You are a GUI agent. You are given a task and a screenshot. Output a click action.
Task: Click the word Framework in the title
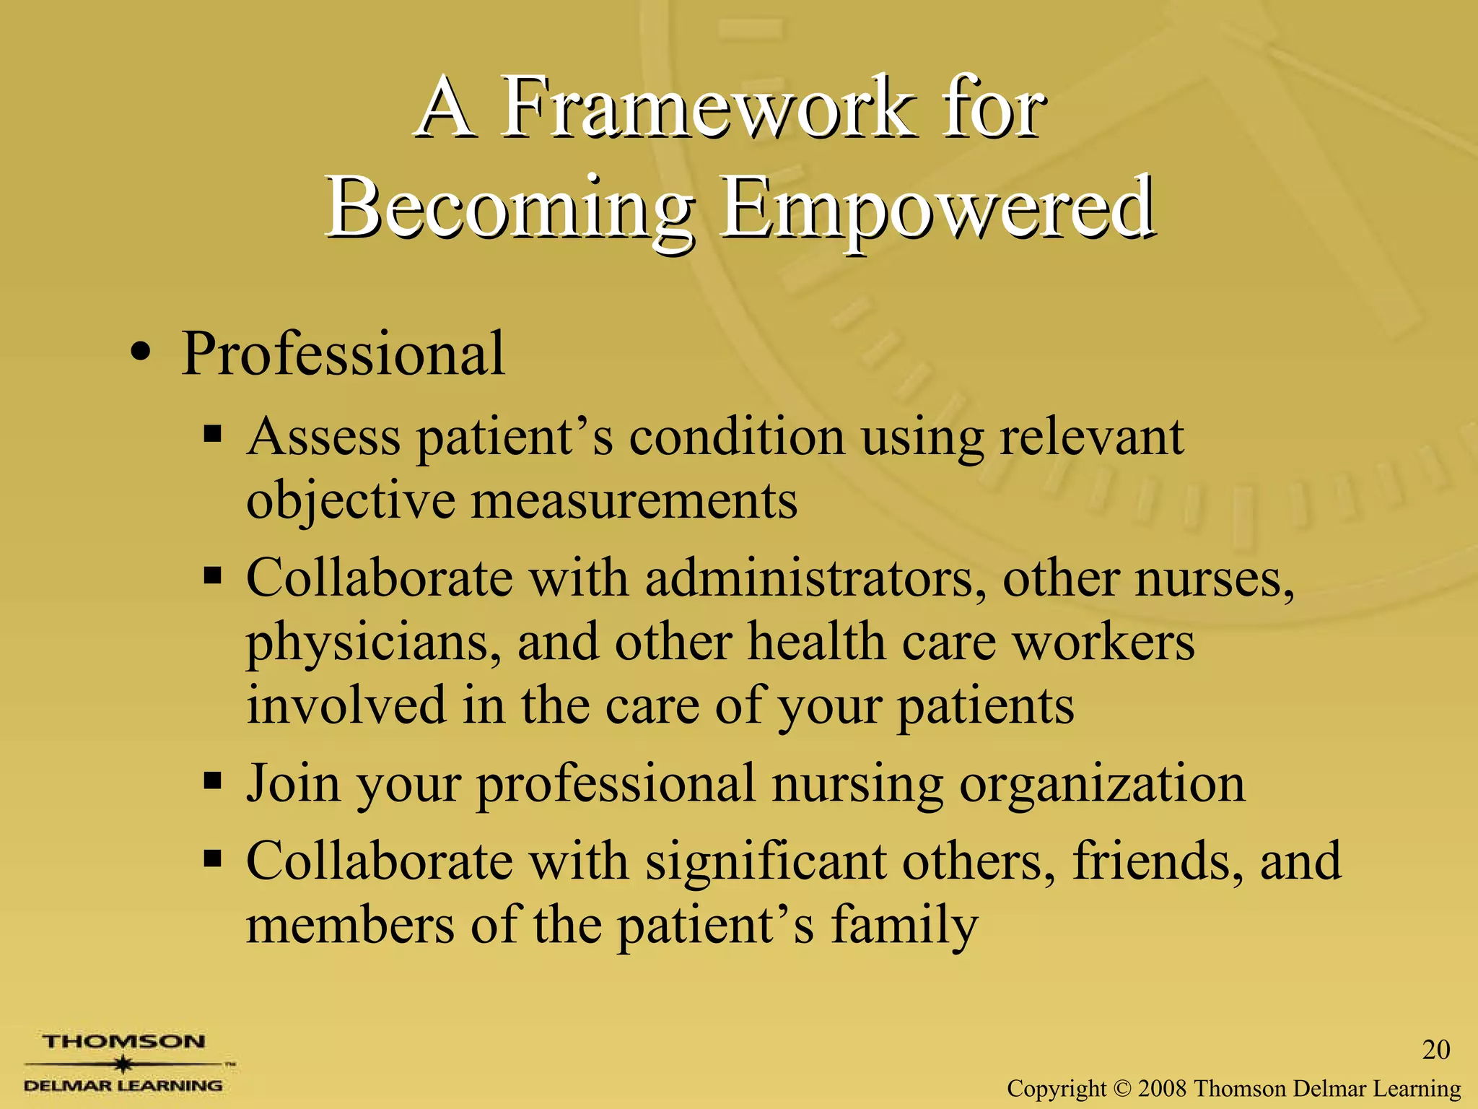tap(704, 108)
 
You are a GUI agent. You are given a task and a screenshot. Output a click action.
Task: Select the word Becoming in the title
tap(509, 209)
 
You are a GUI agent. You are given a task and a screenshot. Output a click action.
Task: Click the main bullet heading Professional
tap(343, 354)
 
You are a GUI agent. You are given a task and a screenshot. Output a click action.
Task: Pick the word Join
tap(293, 783)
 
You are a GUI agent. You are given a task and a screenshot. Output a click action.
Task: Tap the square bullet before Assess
tap(212, 433)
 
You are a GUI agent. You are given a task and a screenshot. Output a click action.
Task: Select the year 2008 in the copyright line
tap(1163, 1088)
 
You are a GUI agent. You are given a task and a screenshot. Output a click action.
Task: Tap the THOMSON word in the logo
tap(123, 1042)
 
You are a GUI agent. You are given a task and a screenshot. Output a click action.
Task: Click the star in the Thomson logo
tap(124, 1064)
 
